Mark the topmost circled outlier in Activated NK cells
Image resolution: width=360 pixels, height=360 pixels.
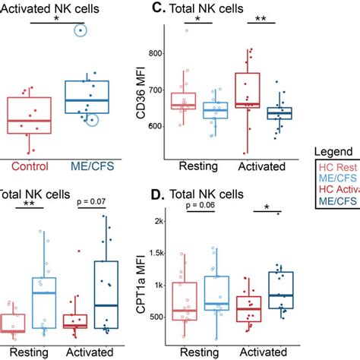(x=79, y=30)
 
